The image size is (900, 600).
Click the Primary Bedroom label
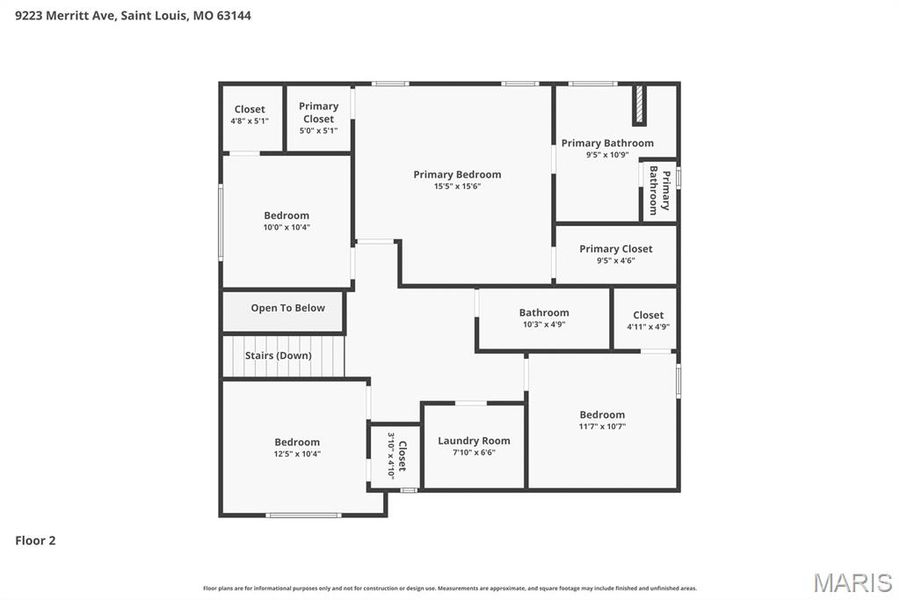[x=457, y=174]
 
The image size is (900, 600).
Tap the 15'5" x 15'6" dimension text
[x=457, y=187]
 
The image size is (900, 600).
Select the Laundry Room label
[x=474, y=441]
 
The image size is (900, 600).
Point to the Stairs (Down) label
[x=278, y=355]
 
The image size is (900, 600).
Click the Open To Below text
[x=287, y=308]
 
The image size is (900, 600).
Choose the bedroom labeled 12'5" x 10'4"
[x=297, y=448]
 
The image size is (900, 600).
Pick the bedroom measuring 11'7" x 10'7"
[x=602, y=421]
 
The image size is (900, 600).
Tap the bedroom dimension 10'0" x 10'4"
[x=287, y=227]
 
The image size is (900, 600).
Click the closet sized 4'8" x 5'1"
[x=250, y=115]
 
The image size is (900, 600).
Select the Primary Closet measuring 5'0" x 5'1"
[x=318, y=118]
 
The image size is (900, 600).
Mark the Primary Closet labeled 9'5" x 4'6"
[x=615, y=254]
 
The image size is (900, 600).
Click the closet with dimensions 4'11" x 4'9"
[x=648, y=320]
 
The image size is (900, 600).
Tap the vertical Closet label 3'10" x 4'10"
[x=396, y=457]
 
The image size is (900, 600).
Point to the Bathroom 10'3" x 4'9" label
[x=543, y=318]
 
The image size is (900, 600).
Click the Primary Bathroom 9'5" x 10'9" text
[x=607, y=148]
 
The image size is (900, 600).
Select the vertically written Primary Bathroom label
[x=659, y=191]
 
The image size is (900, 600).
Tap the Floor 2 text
[x=35, y=540]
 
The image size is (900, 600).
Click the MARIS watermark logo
[x=852, y=582]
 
